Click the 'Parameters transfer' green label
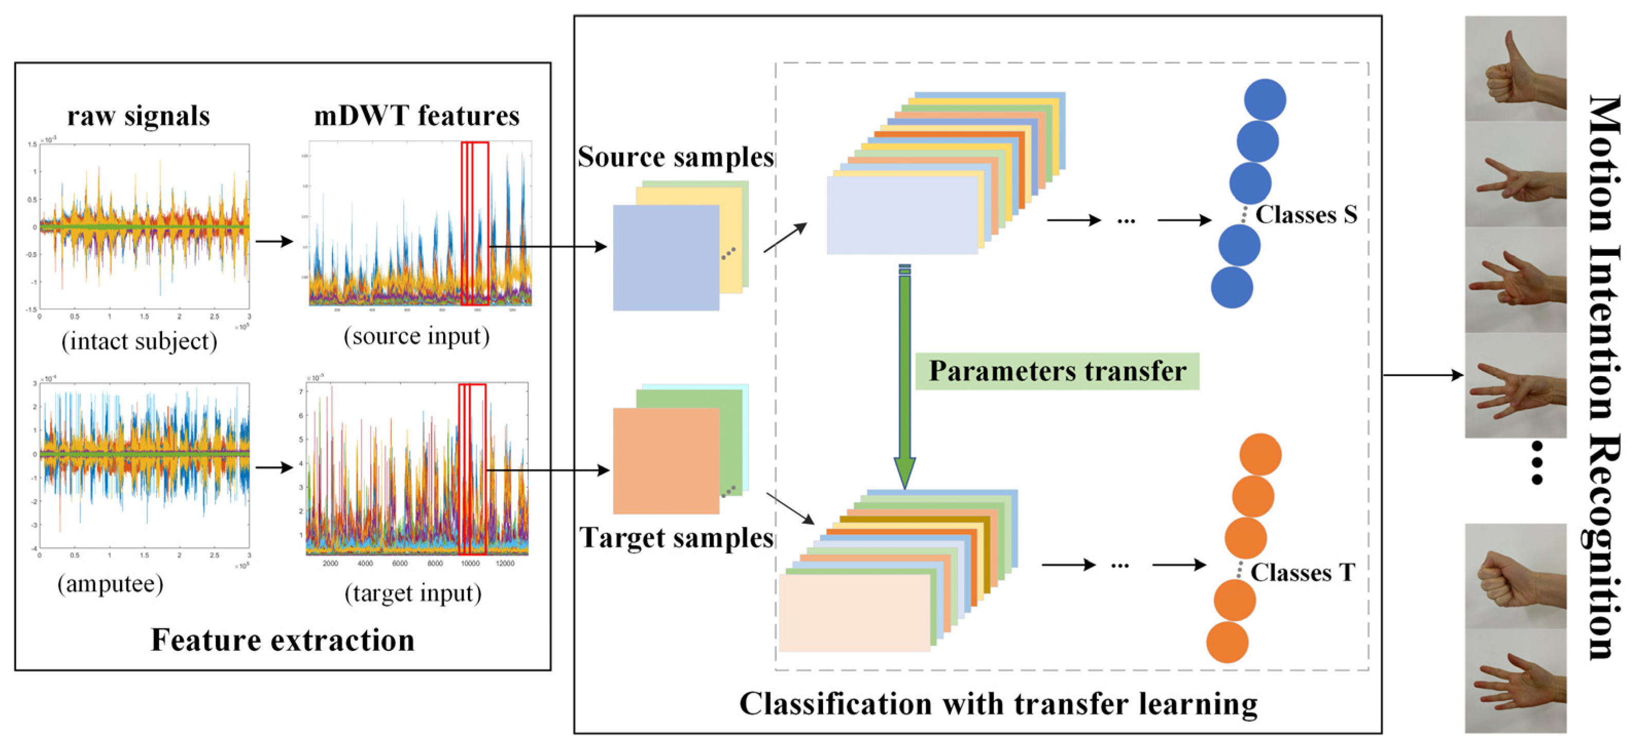click(x=1057, y=371)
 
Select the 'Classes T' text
click(x=1302, y=572)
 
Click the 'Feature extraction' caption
click(x=283, y=640)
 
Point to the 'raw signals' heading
click(x=138, y=116)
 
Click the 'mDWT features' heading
click(x=416, y=116)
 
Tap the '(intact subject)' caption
click(x=139, y=341)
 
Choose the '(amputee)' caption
click(x=110, y=583)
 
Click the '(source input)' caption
click(x=416, y=336)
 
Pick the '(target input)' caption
click(x=413, y=593)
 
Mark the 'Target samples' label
click(x=676, y=538)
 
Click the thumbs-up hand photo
click(x=1515, y=69)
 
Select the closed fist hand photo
click(x=1515, y=577)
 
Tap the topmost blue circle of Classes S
click(x=1265, y=99)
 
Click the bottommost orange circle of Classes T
click(x=1227, y=643)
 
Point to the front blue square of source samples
click(x=666, y=258)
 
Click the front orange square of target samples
click(x=666, y=461)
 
